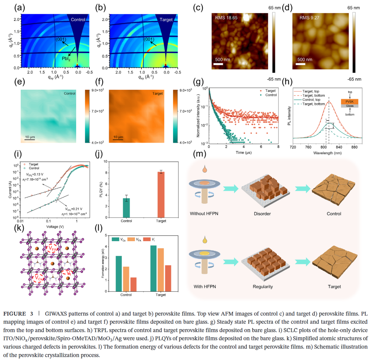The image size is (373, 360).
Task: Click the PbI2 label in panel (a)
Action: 66,59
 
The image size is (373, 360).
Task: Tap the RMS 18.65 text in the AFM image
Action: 226,18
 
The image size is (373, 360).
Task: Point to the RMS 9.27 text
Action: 309,18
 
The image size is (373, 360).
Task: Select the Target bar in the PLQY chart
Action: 161,195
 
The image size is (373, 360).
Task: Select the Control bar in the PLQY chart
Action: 126,208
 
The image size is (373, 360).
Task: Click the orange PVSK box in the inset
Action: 349,102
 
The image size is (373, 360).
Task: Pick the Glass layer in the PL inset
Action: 349,106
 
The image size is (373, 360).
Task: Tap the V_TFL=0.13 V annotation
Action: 35,175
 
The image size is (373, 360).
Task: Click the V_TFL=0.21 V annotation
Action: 74,209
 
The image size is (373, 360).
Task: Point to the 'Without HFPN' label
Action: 204,214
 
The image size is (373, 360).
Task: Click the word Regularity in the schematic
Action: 262,287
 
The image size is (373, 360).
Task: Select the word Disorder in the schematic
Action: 262,214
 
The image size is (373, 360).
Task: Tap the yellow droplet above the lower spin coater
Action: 205,240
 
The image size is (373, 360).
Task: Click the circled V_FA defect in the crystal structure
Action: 52,249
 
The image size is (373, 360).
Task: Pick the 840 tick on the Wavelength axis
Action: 339,147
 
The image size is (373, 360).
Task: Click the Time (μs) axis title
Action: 243,153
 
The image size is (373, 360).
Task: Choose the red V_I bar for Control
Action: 133,284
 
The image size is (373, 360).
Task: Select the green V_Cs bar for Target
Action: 153,268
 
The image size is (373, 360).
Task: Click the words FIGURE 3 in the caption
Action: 18,314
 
